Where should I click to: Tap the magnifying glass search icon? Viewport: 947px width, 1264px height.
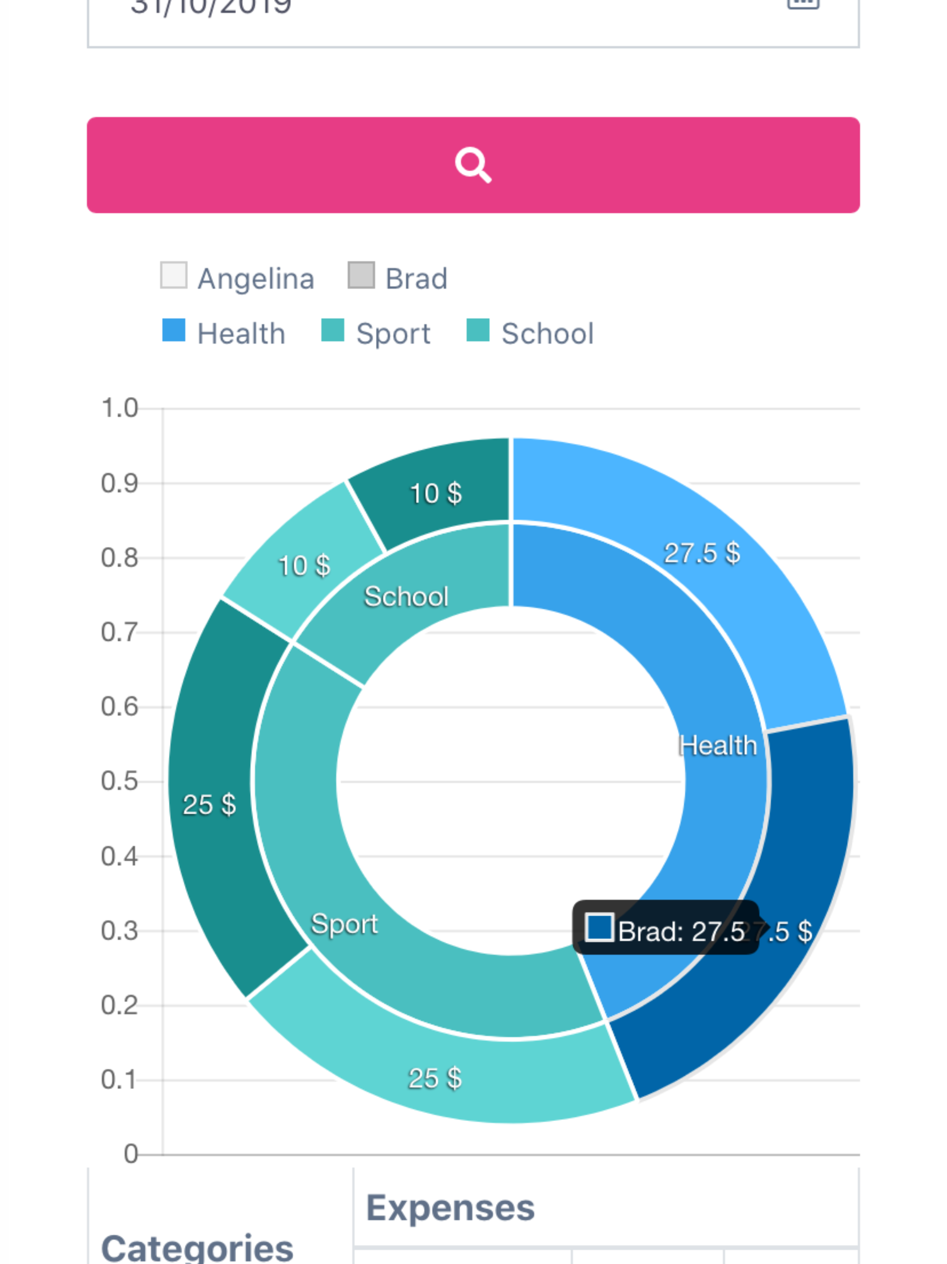point(473,165)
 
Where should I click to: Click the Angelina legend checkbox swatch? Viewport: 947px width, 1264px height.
point(174,275)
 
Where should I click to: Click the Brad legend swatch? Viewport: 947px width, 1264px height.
point(361,275)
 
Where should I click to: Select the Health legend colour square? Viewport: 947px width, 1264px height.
point(174,330)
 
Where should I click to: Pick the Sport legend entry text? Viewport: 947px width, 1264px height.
point(393,334)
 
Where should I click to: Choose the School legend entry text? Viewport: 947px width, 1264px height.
point(547,334)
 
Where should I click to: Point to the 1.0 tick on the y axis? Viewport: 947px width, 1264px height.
point(119,409)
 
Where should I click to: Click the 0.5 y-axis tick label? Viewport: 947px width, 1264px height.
point(119,781)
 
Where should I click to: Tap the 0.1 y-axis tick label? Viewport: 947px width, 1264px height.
point(119,1080)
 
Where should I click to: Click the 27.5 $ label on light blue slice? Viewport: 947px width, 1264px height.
point(701,553)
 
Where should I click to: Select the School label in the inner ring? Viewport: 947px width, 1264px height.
point(406,596)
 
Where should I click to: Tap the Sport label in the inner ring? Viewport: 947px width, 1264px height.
point(344,923)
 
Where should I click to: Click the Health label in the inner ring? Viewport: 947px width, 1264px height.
point(717,746)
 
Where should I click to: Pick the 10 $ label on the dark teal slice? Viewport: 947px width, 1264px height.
point(436,493)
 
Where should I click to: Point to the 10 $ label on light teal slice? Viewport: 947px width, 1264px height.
point(304,566)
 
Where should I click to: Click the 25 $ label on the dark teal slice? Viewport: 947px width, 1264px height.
point(209,805)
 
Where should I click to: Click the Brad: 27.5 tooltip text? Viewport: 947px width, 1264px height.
point(681,931)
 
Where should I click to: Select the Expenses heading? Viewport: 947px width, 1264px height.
point(450,1208)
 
